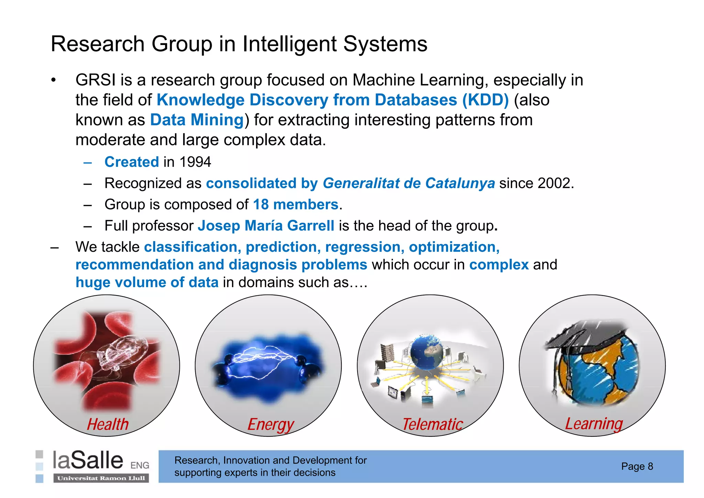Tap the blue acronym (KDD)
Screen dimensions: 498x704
tap(485, 100)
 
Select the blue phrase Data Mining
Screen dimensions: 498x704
tap(197, 120)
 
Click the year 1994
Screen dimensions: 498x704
tap(195, 162)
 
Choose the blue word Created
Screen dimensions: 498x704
tap(132, 162)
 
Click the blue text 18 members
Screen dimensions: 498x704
tap(296, 205)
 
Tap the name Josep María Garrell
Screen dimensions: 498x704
tap(266, 226)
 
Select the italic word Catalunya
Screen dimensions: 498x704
tap(460, 183)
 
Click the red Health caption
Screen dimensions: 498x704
tap(108, 424)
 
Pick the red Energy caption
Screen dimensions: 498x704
tap(271, 424)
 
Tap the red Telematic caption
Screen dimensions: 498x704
tap(433, 424)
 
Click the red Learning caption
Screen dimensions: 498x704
tap(594, 424)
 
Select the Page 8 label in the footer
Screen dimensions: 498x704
tap(637, 466)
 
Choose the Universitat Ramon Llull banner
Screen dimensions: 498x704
tap(101, 478)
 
